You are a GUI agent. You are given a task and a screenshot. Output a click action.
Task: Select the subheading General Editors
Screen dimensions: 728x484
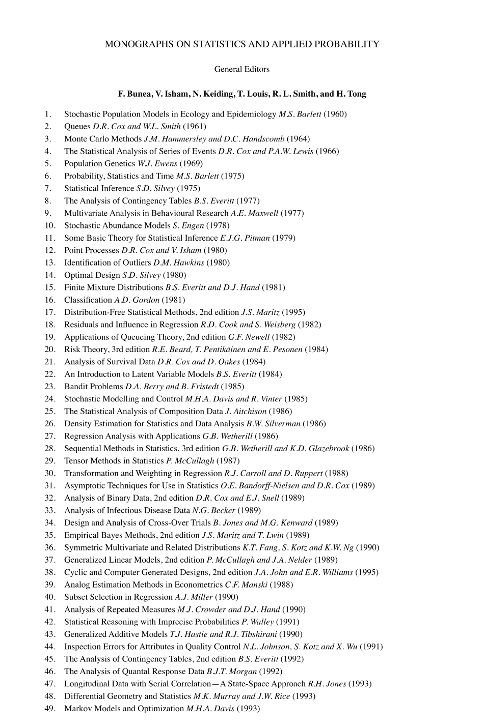click(242, 69)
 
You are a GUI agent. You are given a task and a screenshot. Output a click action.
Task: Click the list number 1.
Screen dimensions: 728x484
click(48, 114)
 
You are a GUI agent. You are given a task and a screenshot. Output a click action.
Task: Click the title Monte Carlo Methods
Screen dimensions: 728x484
click(103, 139)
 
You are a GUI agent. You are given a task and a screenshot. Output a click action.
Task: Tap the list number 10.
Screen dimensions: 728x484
click(50, 225)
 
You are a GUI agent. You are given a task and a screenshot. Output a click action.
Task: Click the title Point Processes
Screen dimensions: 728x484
click(92, 250)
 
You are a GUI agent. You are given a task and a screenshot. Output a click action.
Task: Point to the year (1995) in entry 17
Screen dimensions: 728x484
click(293, 312)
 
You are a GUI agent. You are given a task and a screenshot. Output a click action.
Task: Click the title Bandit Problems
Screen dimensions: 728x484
click(94, 387)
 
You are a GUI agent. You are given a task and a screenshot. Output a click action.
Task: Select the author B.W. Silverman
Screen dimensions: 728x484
click(274, 424)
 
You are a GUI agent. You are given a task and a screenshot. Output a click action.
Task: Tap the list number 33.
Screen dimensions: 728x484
click(50, 510)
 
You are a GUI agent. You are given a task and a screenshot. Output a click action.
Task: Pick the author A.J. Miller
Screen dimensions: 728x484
click(194, 597)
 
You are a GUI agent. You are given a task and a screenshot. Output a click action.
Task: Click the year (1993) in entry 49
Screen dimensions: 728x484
click(249, 709)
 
